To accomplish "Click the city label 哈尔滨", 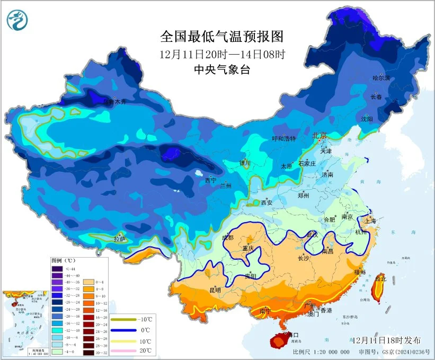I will tap(380, 78).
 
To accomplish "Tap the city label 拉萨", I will tap(119, 239).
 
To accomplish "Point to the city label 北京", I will tap(319, 135).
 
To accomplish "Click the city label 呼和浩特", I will tap(285, 139).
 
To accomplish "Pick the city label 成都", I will tap(227, 238).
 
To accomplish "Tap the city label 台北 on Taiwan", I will tap(380, 278).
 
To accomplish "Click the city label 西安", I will tap(267, 202).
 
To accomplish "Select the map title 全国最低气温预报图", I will tap(222, 37).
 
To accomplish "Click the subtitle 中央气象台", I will tap(222, 69).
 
